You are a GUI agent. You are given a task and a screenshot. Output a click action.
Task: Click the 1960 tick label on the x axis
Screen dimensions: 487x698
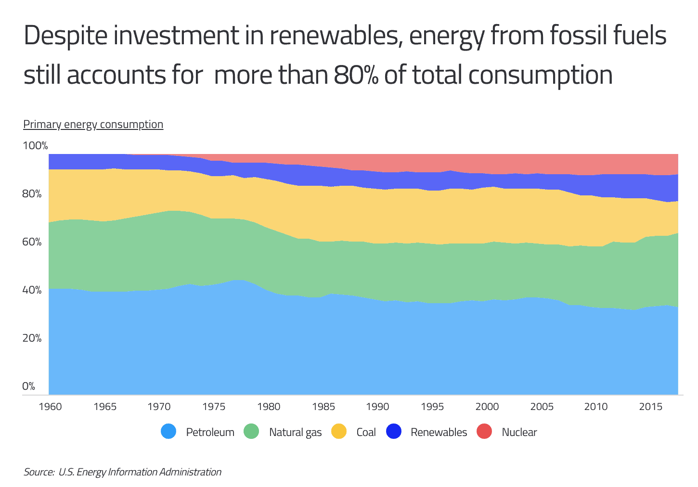point(50,407)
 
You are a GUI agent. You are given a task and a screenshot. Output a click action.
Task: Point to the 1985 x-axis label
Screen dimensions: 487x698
point(323,407)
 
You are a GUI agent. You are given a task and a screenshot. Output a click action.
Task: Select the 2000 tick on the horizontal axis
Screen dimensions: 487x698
point(487,407)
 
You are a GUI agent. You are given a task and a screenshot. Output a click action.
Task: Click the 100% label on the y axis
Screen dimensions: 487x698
point(36,146)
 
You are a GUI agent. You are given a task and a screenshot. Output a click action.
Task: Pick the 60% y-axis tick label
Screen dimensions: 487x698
point(33,242)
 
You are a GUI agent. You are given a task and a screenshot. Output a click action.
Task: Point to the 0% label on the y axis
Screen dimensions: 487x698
point(29,386)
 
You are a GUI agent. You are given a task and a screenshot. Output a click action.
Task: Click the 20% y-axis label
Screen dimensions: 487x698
point(33,338)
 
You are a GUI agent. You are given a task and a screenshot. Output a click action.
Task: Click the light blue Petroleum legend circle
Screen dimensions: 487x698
point(168,432)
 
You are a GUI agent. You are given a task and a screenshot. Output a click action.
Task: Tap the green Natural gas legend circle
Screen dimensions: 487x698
point(251,432)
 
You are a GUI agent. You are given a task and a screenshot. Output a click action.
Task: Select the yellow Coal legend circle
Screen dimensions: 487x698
point(339,432)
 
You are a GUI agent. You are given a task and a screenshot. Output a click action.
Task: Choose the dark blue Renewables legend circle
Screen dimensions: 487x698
point(394,432)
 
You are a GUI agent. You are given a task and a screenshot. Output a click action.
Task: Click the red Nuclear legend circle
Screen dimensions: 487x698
point(484,432)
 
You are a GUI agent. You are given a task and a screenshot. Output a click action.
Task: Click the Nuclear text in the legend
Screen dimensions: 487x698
point(519,432)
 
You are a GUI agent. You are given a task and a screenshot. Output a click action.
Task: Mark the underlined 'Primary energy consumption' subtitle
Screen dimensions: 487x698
point(93,124)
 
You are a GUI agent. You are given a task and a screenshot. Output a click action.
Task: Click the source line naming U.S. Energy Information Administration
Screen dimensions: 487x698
point(122,472)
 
